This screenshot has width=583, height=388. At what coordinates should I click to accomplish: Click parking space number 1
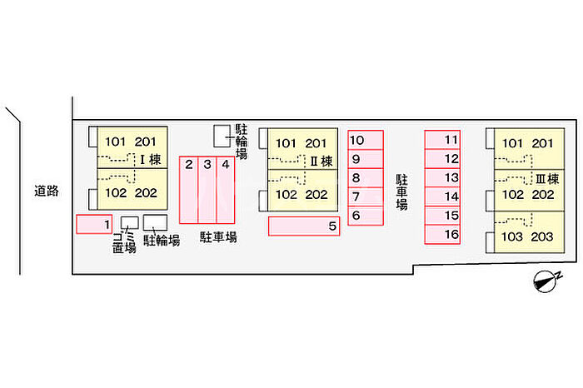[x=94, y=224]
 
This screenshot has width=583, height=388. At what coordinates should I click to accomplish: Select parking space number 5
[x=304, y=226]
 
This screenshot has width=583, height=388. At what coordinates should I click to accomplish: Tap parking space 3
[x=207, y=190]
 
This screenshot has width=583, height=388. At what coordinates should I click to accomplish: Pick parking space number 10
[x=366, y=140]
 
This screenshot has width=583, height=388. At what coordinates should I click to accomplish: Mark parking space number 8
[x=366, y=178]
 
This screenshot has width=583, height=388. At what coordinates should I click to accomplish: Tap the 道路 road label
[x=47, y=191]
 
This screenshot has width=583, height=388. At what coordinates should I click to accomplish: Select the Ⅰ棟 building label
[x=149, y=160]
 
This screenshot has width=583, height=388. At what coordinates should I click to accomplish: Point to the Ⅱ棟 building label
[x=322, y=161]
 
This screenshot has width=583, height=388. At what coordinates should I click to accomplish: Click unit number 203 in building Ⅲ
[x=541, y=236]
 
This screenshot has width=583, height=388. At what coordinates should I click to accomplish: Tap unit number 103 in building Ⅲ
[x=512, y=236]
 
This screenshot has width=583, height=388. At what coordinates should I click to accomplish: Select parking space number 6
[x=366, y=216]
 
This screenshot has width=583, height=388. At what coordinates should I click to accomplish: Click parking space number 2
[x=190, y=190]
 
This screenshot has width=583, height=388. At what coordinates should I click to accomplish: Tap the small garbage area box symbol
[x=130, y=223]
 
